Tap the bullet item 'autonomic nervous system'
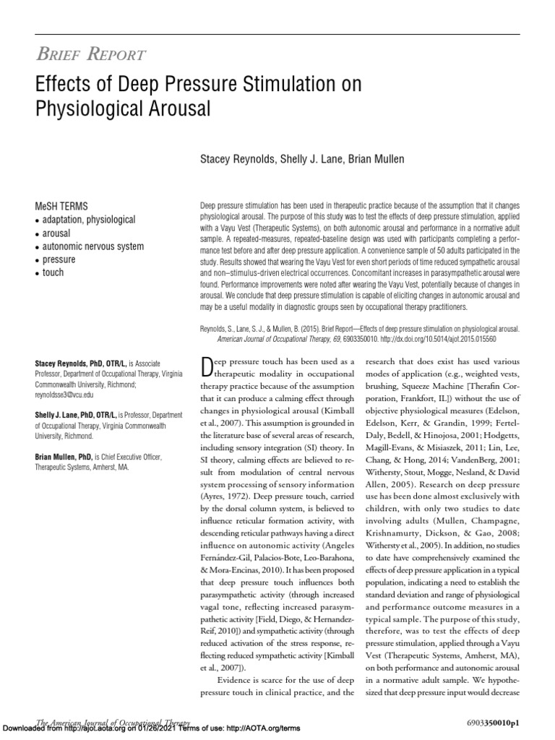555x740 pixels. tap(93, 246)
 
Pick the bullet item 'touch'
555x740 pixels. tap(53, 272)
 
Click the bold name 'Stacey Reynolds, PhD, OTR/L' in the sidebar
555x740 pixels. tap(82, 363)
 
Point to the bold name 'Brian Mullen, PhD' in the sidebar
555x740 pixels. tap(66, 457)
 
